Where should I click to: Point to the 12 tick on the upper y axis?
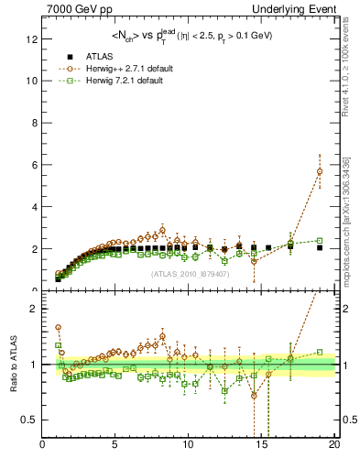click(x=35, y=38)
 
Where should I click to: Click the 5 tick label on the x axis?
click(x=115, y=445)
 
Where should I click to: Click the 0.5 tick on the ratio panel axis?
click(x=29, y=420)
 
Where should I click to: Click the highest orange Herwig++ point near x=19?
click(x=319, y=171)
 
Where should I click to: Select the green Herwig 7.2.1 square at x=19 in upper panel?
click(x=319, y=241)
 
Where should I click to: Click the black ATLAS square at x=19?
click(x=319, y=247)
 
